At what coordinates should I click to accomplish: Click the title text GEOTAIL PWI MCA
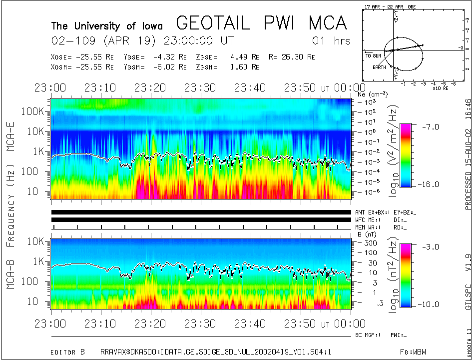(261, 23)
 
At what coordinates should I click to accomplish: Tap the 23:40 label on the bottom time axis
(253, 324)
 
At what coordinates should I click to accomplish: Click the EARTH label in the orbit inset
(379, 67)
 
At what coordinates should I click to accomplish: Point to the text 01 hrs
(331, 41)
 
